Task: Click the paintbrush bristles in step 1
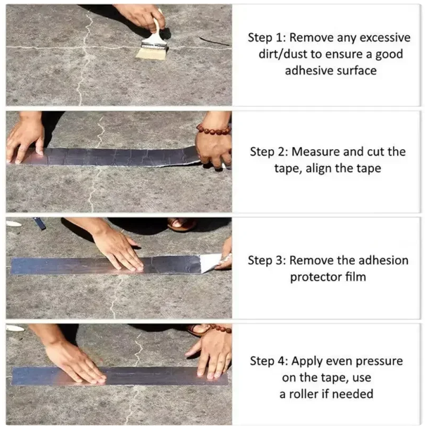click(x=151, y=53)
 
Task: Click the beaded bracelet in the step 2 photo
click(x=213, y=129)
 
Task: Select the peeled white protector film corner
click(x=211, y=262)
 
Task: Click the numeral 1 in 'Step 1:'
click(x=280, y=38)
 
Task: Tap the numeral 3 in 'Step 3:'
click(x=279, y=260)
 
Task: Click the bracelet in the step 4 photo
click(x=220, y=328)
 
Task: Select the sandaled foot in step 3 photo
click(x=182, y=224)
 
